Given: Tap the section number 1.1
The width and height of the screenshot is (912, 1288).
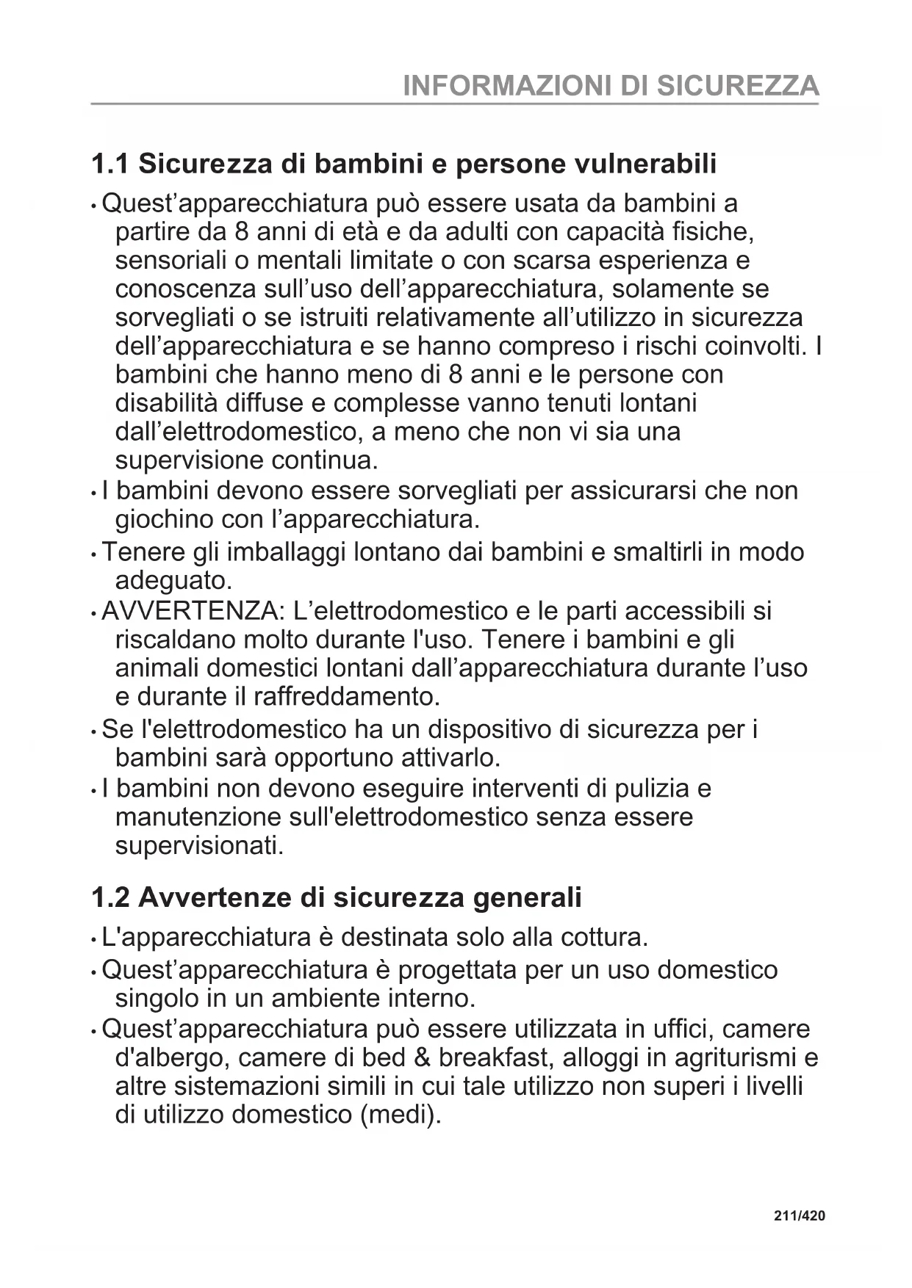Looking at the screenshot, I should [x=110, y=164].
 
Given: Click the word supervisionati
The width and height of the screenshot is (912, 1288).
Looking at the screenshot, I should [x=199, y=846].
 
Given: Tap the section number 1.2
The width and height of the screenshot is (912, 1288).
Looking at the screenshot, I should [x=110, y=897].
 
